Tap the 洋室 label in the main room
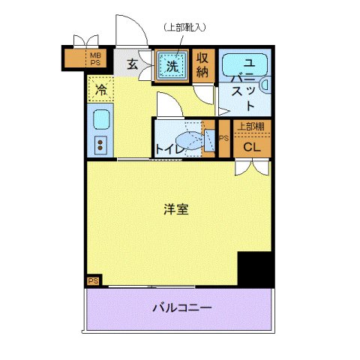[x=176, y=210]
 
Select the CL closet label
[x=252, y=147]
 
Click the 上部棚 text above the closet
[x=251, y=126]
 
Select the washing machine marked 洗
[x=172, y=64]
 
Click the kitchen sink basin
[x=100, y=119]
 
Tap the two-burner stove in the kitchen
[x=100, y=143]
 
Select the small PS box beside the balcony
[x=93, y=280]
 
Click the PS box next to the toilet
[x=223, y=139]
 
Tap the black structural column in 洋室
[x=254, y=267]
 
